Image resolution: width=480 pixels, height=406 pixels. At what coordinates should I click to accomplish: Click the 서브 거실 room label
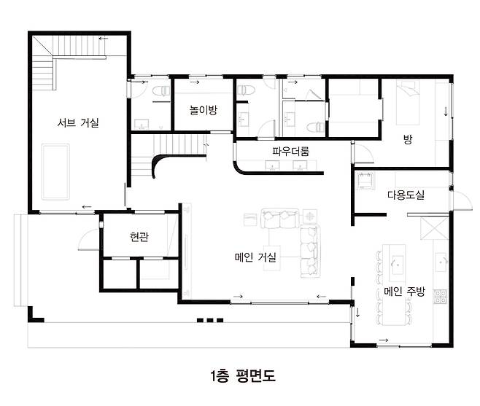click(78, 122)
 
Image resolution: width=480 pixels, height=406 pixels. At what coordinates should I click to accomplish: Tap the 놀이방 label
click(203, 110)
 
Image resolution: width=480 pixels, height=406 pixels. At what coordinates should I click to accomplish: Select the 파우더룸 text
click(290, 151)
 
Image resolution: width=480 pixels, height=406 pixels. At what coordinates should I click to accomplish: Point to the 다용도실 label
click(406, 195)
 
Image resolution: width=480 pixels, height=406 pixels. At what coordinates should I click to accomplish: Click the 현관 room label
click(139, 236)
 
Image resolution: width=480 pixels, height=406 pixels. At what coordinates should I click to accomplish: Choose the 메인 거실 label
click(255, 257)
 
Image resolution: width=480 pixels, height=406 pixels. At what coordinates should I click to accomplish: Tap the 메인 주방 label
click(404, 292)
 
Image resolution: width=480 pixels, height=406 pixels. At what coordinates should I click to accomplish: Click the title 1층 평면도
click(243, 375)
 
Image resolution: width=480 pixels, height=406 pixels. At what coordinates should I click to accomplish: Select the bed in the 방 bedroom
click(408, 103)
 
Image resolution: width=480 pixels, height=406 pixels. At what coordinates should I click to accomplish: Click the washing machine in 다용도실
click(365, 181)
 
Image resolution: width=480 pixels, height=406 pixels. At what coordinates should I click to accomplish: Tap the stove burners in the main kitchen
click(440, 297)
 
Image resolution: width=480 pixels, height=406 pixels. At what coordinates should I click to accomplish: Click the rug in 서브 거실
click(55, 171)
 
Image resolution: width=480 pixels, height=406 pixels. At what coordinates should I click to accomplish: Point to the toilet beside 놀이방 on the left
click(160, 91)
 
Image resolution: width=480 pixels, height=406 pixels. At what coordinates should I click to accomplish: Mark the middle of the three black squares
click(209, 320)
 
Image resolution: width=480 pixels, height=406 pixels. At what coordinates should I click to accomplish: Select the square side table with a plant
click(310, 216)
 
